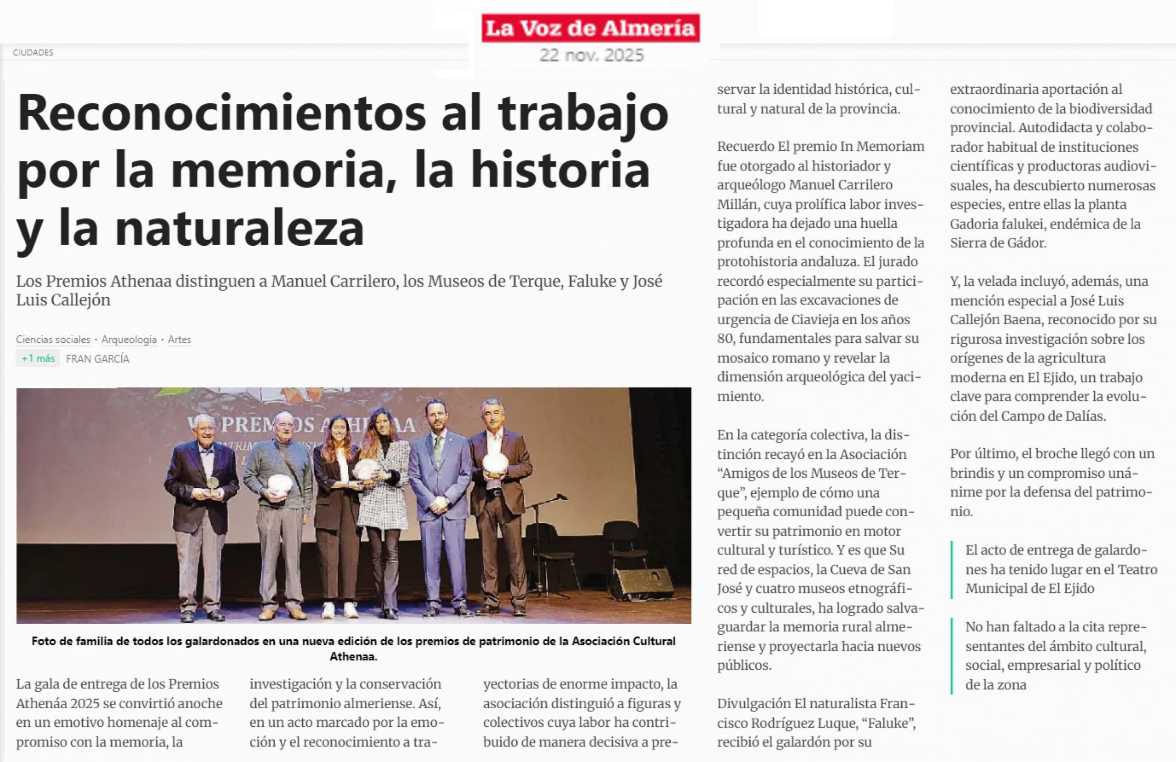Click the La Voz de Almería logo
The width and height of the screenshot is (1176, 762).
coord(590,28)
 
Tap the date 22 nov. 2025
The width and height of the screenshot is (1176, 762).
coord(592,55)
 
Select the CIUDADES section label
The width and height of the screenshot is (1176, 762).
coord(33,52)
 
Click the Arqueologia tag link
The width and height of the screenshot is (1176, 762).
coord(129,339)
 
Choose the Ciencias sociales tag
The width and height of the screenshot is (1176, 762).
coord(53,339)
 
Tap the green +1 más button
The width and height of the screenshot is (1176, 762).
coord(38,358)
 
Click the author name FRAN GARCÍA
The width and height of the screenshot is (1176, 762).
coord(98,359)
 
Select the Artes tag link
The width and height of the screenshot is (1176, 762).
coord(179,339)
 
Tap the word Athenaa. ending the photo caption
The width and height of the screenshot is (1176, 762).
coord(353,657)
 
